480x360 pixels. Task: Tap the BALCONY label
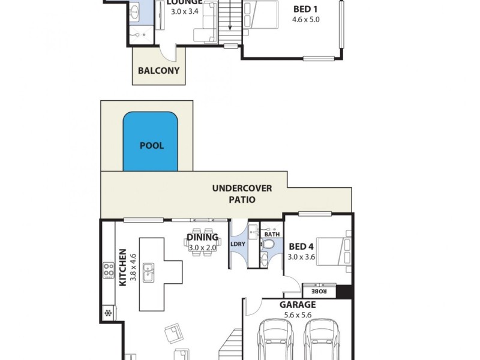pos(158,70)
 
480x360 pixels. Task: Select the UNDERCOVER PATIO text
pos(242,194)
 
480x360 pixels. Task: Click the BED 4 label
pos(301,246)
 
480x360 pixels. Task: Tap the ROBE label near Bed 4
pos(318,292)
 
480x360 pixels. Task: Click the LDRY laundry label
pos(238,244)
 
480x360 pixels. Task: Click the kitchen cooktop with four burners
pos(109,271)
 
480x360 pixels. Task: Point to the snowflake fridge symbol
pos(108,313)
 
